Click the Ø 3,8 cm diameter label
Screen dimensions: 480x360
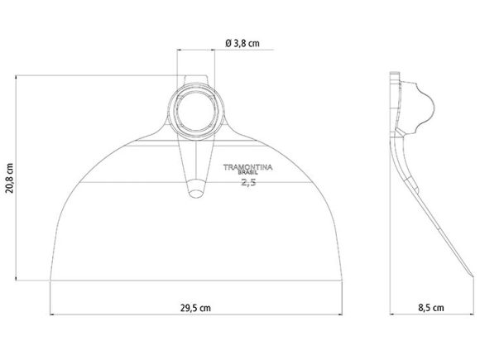tap(242, 44)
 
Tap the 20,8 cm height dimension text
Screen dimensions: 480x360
tap(10, 178)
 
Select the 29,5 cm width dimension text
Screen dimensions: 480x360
tap(195, 308)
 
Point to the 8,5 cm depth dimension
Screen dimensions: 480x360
tap(431, 308)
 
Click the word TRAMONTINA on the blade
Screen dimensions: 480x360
tap(247, 167)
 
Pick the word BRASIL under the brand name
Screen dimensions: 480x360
tap(248, 172)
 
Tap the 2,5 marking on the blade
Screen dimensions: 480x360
tap(248, 183)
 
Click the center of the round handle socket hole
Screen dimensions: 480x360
tap(196, 111)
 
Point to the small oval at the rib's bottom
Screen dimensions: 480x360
tap(196, 194)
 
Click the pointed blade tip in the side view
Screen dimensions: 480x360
tap(473, 276)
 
